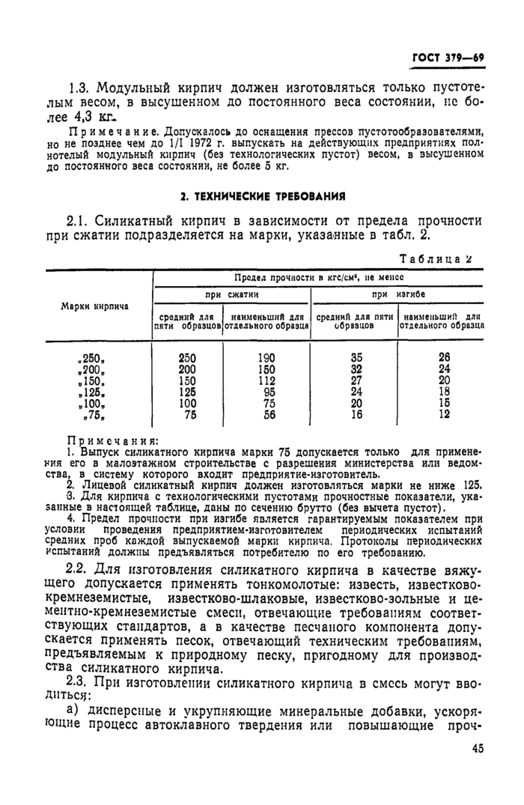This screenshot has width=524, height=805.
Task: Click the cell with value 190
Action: [266, 358]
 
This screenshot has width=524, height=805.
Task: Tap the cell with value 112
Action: [266, 380]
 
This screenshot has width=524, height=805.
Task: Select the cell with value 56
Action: [267, 413]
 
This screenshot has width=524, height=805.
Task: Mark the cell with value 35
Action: [356, 358]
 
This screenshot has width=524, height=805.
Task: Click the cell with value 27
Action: [356, 380]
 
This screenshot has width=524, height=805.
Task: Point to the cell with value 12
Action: [443, 413]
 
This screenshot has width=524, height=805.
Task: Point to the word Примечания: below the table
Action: [104, 441]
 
